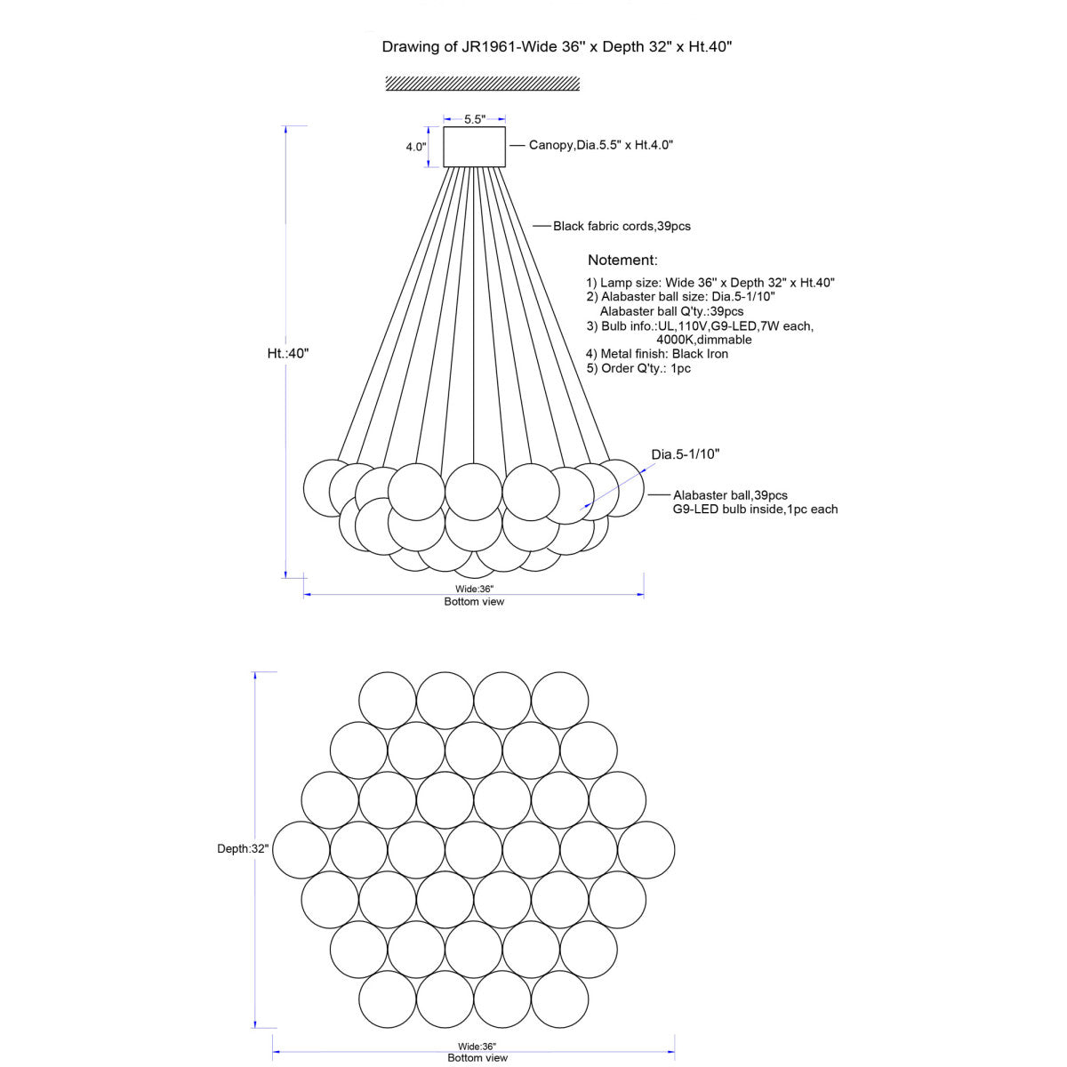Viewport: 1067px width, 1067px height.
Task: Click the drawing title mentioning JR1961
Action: click(557, 46)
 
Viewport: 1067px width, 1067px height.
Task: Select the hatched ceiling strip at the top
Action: click(482, 84)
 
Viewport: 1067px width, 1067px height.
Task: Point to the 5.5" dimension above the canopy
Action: click(475, 119)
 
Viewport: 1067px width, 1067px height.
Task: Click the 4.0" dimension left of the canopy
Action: click(416, 147)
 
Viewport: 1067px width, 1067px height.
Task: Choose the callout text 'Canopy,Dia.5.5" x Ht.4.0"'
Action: click(601, 145)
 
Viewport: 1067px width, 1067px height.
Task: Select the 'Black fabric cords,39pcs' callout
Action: click(622, 226)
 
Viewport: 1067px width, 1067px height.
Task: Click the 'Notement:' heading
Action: click(622, 260)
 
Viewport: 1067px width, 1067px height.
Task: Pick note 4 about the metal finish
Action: click(657, 354)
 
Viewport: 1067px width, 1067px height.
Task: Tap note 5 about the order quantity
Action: click(638, 368)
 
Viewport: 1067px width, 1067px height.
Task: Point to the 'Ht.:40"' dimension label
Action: click(288, 353)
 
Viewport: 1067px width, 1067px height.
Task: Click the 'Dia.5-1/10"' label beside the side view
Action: click(686, 454)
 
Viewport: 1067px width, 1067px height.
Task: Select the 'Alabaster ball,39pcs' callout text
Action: click(730, 495)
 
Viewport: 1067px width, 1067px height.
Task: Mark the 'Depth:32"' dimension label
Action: click(243, 849)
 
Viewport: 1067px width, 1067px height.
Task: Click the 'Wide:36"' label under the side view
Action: click(474, 589)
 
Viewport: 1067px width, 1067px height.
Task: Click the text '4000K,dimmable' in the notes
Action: click(703, 340)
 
